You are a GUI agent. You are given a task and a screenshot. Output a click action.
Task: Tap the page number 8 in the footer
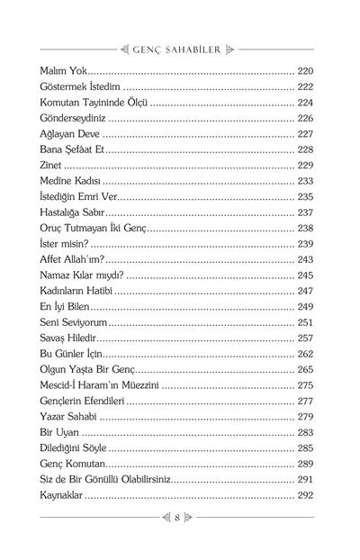coord(180,518)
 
